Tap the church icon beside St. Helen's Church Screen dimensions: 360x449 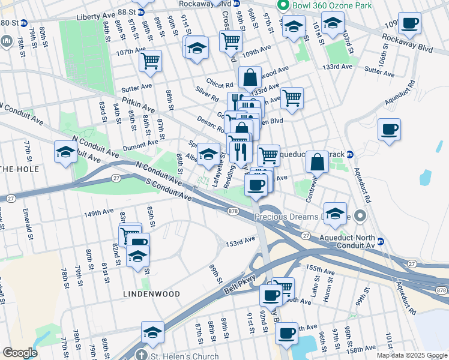point(141,355)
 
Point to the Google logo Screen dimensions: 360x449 point(20,353)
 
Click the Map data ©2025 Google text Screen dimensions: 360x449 point(412,355)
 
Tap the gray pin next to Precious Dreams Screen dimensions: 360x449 point(360,215)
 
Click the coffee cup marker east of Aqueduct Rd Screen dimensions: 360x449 point(389,129)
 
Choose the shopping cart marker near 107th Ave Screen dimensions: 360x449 point(150,60)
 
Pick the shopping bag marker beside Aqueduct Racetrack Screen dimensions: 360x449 point(317,161)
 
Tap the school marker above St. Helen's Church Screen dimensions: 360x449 point(153,332)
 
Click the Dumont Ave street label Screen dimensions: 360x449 point(140,145)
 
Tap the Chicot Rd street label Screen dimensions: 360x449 point(219,85)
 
